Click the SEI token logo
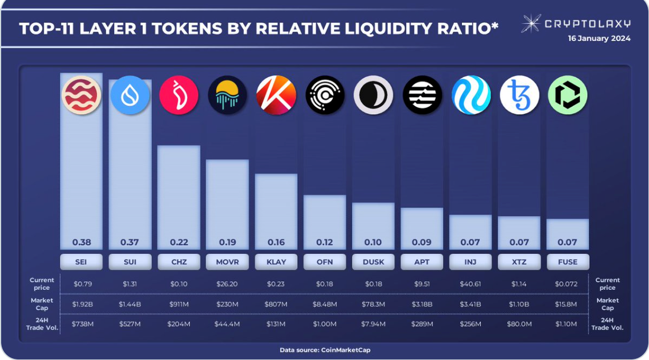click(81, 95)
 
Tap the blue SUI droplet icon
click(130, 95)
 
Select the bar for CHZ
click(178, 195)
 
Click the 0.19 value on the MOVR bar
click(227, 242)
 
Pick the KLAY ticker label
click(276, 262)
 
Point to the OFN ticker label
click(325, 262)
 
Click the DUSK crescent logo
click(373, 95)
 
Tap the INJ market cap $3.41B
click(471, 303)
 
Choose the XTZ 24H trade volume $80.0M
click(519, 324)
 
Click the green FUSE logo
click(568, 95)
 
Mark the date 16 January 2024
click(599, 38)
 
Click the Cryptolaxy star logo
click(531, 23)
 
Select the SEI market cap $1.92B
click(81, 303)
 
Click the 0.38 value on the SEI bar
click(81, 242)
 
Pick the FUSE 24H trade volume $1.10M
click(568, 324)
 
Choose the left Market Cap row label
click(42, 304)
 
